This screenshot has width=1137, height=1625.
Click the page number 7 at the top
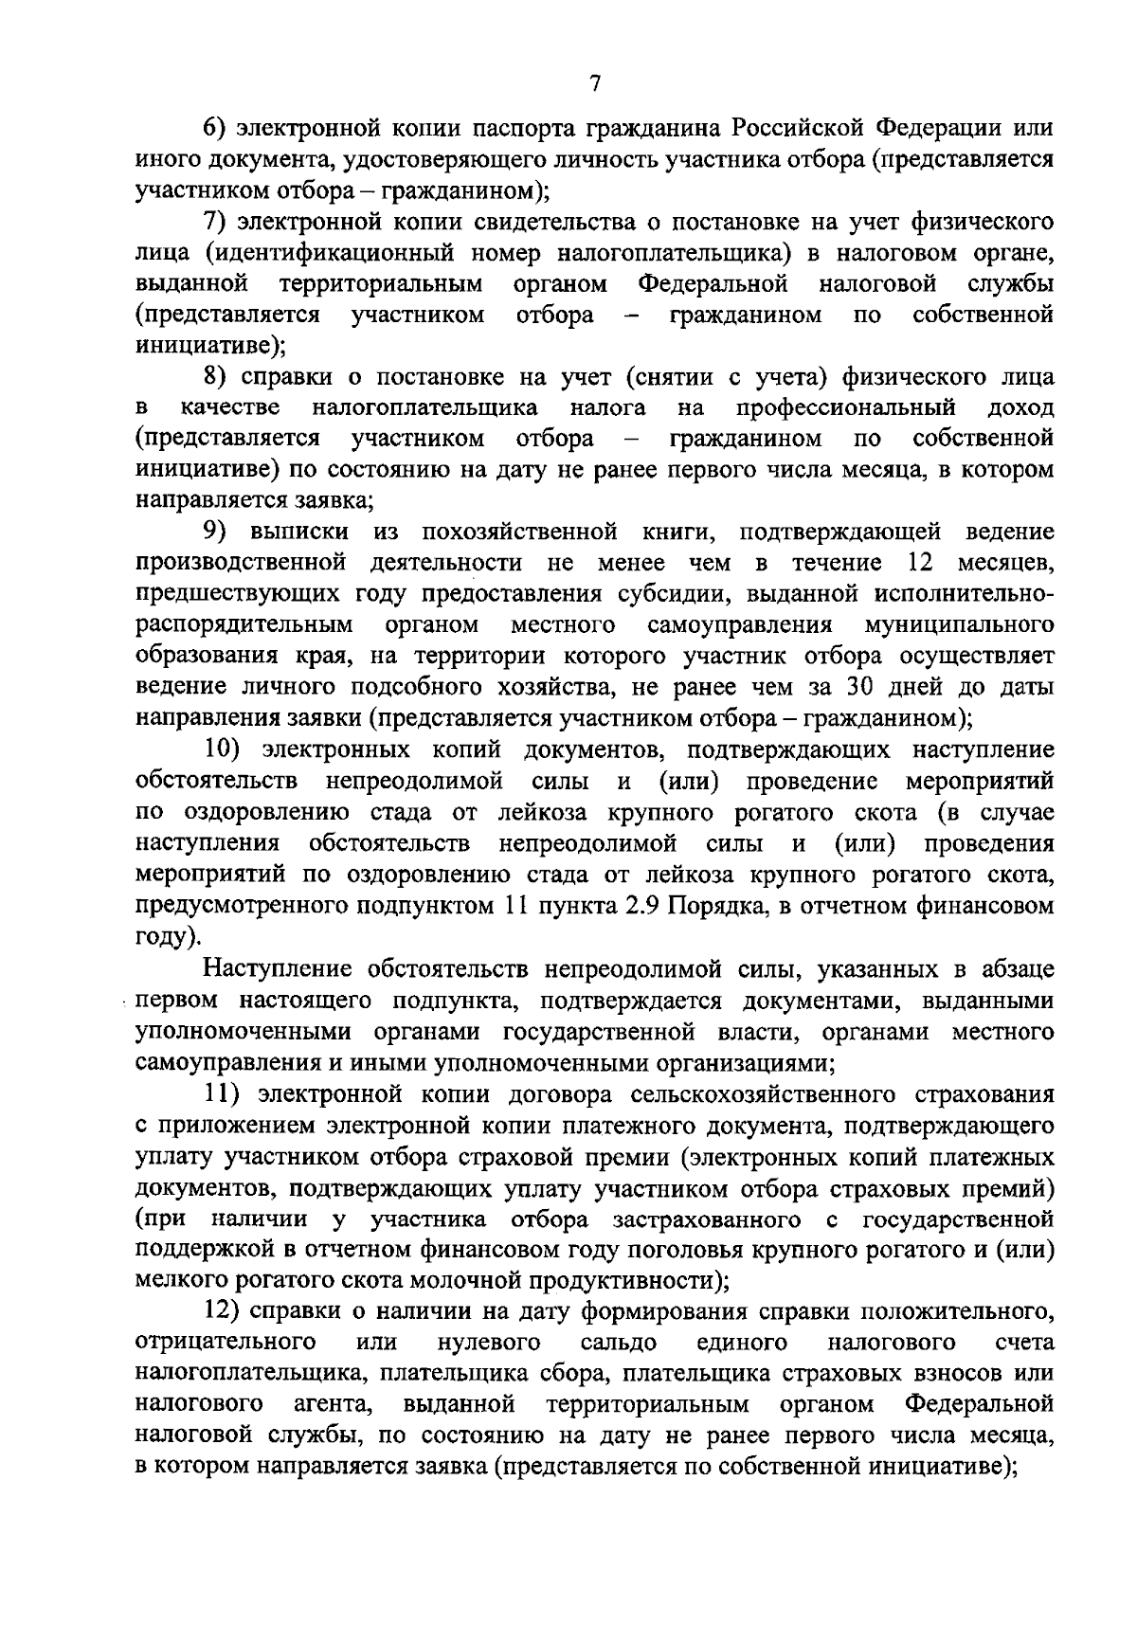point(594,83)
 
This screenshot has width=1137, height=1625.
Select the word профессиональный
point(844,408)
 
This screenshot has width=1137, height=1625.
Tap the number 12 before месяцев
point(922,563)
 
